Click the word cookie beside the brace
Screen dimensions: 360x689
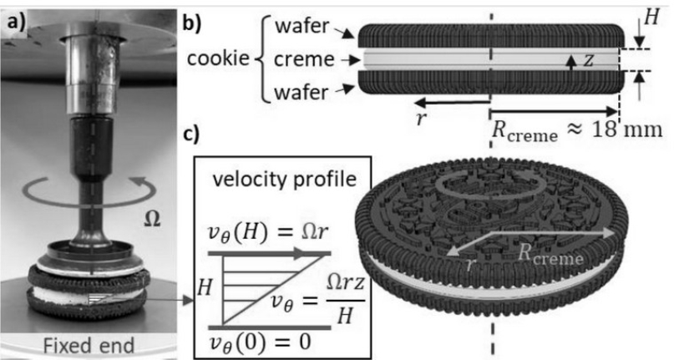219,60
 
